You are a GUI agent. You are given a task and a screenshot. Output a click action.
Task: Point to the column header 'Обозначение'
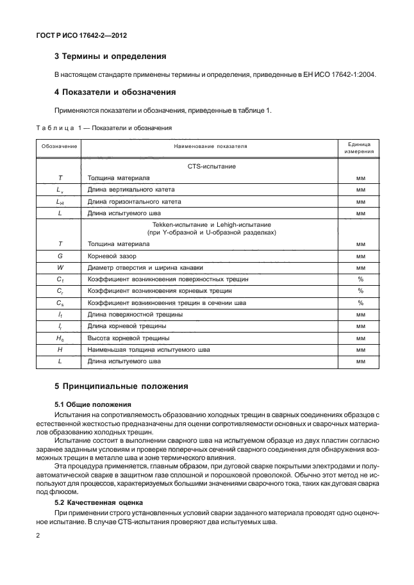click(60, 147)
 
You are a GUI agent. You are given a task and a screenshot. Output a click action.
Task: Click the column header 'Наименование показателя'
click(210, 147)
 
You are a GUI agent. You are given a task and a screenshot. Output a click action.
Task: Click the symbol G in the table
click(60, 256)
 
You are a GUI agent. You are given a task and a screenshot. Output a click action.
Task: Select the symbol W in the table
click(60, 267)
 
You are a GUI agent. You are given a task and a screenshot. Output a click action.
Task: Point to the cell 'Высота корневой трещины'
click(128, 338)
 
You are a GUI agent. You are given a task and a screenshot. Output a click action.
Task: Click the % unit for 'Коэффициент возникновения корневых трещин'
click(360, 291)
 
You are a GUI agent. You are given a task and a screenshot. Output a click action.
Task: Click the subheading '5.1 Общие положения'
click(92, 404)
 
